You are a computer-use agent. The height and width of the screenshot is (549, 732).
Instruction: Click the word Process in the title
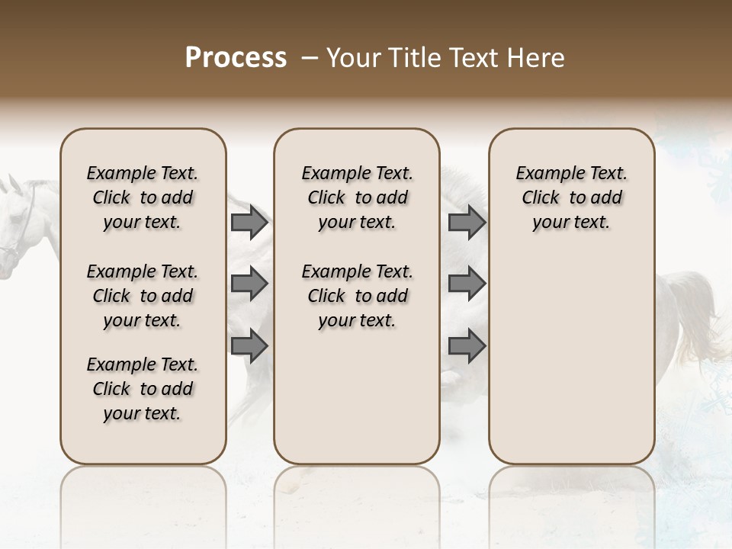tap(236, 58)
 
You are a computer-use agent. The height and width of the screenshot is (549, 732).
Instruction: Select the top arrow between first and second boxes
tap(249, 222)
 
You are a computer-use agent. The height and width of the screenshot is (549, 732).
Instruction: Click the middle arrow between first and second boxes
tap(249, 284)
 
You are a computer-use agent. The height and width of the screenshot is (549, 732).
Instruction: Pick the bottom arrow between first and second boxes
tap(249, 345)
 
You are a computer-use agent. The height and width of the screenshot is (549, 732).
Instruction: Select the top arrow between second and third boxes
tap(467, 222)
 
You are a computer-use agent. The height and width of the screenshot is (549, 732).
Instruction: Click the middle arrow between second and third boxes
tap(467, 284)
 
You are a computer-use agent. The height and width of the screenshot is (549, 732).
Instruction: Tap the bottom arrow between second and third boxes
tap(467, 345)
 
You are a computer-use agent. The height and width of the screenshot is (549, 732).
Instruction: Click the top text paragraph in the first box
tap(143, 197)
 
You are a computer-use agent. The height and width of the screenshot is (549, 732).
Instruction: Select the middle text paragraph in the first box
tap(143, 296)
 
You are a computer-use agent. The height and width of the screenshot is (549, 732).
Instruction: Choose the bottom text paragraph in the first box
tap(143, 389)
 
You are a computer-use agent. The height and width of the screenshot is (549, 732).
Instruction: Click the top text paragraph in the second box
tap(358, 197)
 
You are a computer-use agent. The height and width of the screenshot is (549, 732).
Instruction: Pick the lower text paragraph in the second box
tap(358, 296)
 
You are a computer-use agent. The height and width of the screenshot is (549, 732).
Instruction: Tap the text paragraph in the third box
tap(572, 197)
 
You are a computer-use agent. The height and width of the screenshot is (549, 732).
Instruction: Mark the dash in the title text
tap(309, 58)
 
